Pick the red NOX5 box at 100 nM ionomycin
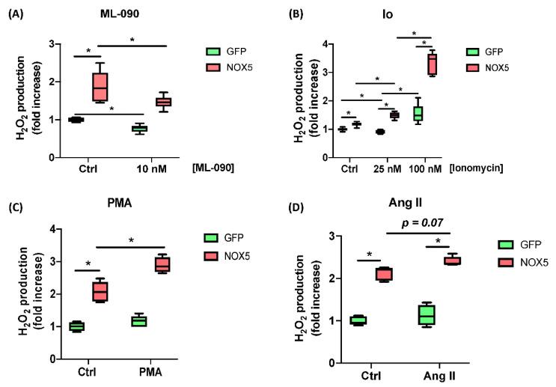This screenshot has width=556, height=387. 433,64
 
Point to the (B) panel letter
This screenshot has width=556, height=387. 304,12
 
